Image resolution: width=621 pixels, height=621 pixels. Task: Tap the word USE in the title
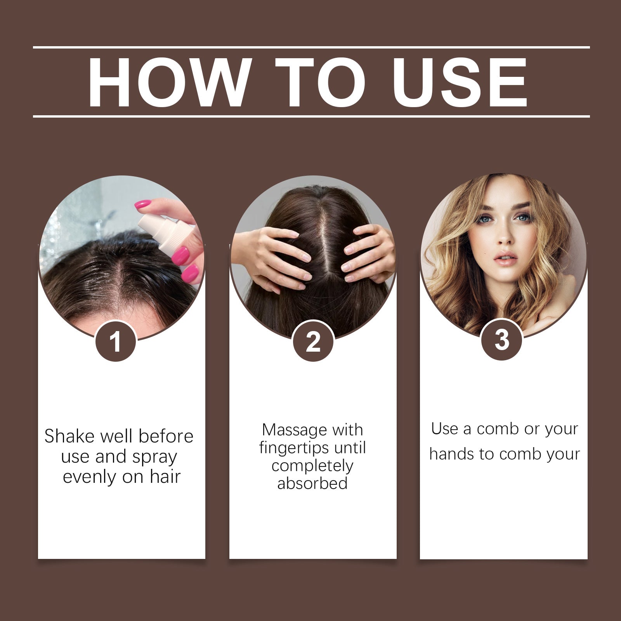pos(460,82)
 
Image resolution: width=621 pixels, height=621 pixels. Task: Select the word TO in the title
pos(320,82)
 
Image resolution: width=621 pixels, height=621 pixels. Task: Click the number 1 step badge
pos(116,342)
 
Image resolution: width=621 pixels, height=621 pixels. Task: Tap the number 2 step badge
pos(313,342)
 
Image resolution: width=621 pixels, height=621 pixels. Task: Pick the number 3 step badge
pos(501,340)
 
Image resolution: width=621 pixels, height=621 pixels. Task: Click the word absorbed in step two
pos(312,484)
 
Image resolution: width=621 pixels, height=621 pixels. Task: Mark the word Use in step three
pos(444,429)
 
